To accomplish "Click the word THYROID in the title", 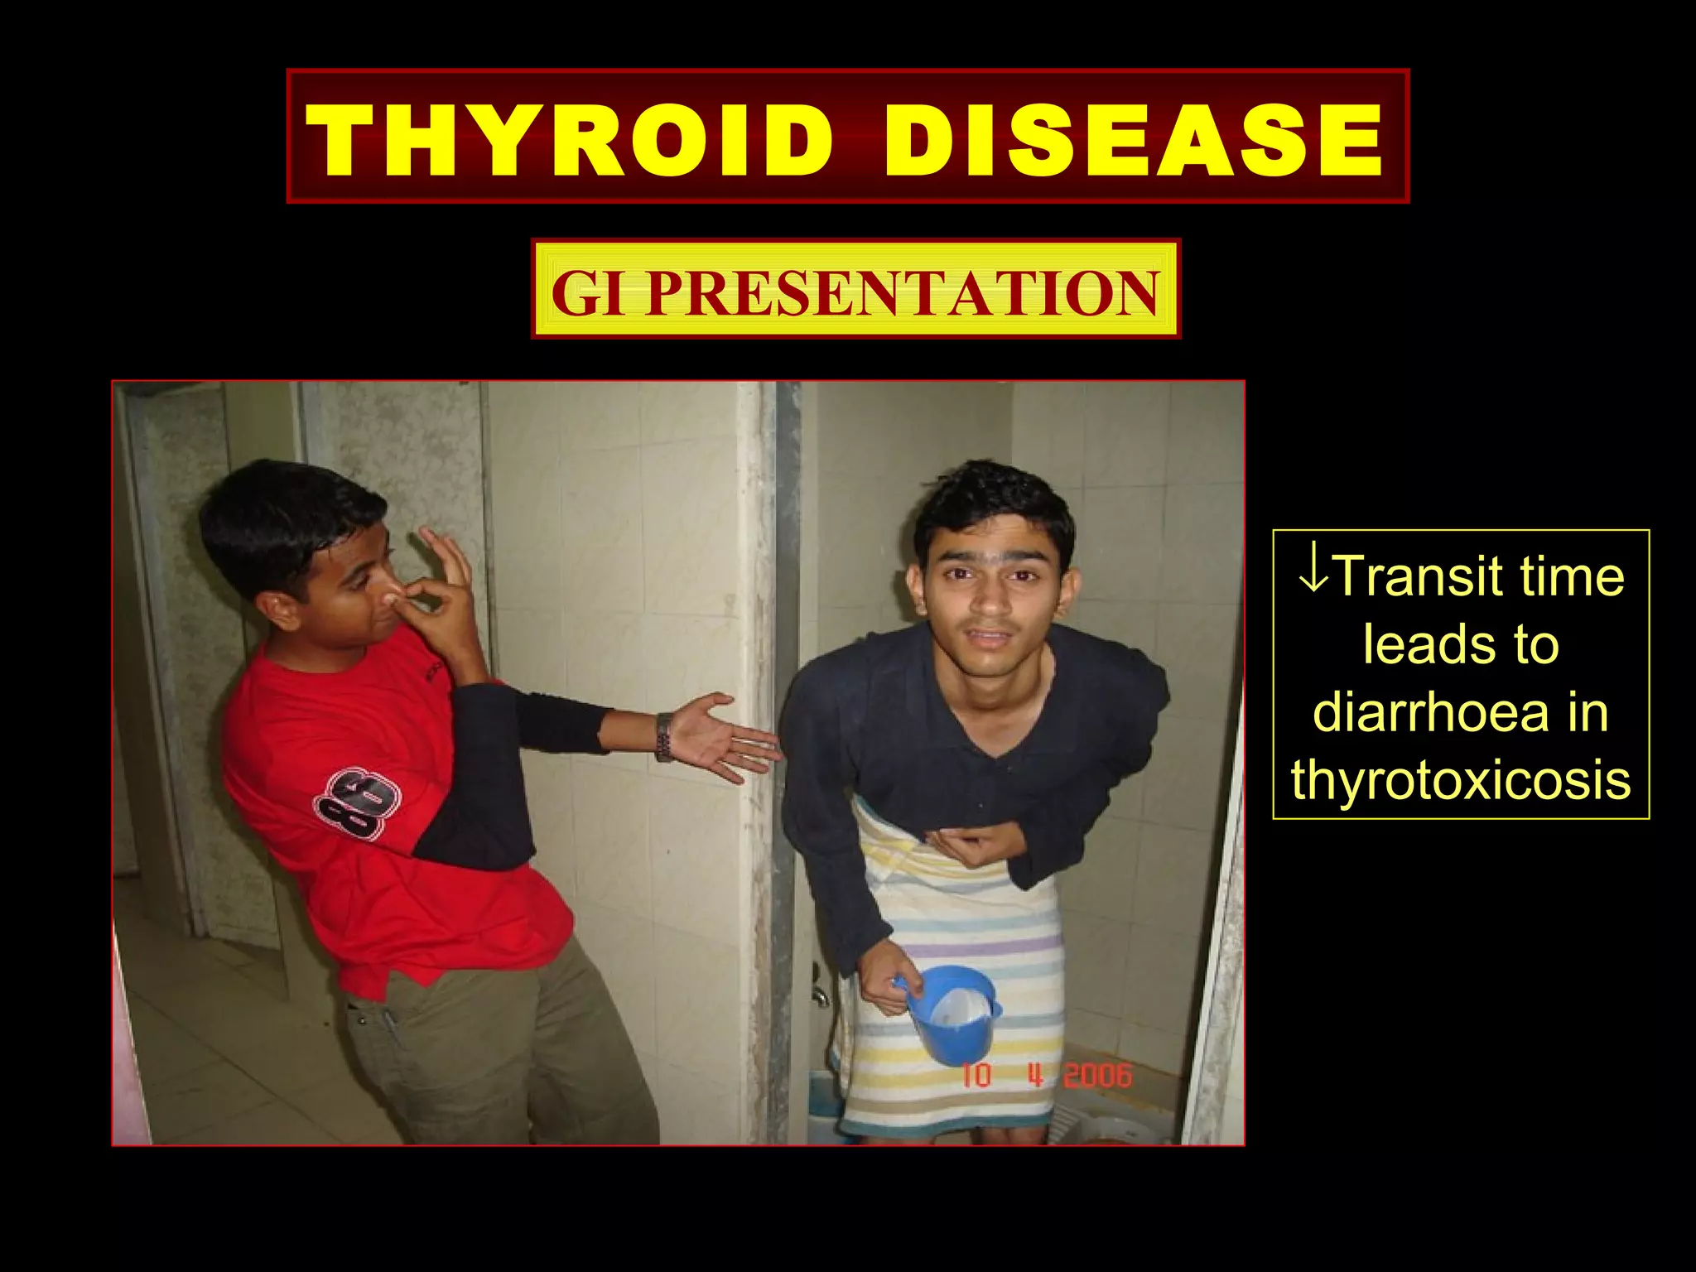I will tap(571, 138).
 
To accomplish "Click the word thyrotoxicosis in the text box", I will tap(1461, 780).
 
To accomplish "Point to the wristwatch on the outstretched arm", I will tap(664, 736).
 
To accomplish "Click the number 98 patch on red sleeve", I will tap(359, 802).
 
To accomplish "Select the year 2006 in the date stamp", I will tap(1097, 1077).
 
